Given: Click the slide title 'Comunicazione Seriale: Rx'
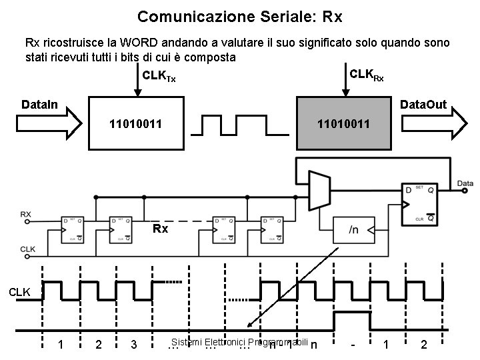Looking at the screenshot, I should [239, 15].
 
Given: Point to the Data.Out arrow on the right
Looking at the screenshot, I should [434, 124].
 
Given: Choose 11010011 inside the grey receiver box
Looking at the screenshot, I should [344, 124].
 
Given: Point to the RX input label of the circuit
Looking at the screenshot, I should [26, 214].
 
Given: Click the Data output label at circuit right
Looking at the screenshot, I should [465, 183].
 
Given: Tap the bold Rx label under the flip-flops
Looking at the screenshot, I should [160, 229].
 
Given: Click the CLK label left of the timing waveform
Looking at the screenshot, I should [19, 291].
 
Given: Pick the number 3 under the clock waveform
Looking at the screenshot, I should [134, 344].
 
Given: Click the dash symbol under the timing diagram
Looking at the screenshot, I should [352, 344].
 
